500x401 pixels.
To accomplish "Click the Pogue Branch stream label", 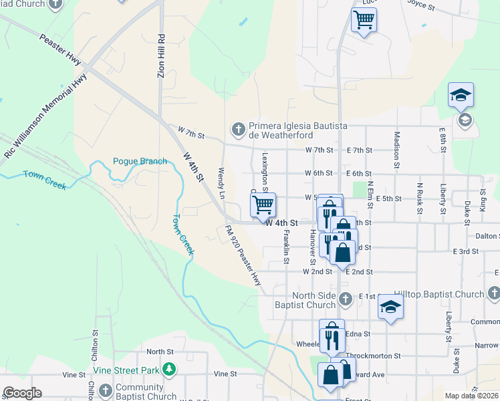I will point(140,161).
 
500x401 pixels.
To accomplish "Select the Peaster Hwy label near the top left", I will point(60,50).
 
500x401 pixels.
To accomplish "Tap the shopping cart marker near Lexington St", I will point(263,205).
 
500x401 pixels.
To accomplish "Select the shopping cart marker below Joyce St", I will point(364,19).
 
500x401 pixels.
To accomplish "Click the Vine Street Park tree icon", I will point(170,370).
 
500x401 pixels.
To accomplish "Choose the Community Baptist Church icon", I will point(105,391).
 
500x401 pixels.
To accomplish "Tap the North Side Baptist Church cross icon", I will point(345,299).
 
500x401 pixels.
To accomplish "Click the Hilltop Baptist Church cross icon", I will point(493,293).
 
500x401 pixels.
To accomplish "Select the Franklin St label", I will point(286,247).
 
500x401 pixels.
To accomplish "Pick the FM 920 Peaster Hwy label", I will point(243,256).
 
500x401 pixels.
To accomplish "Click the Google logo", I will point(22,393).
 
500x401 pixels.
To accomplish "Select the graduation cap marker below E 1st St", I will point(390,307).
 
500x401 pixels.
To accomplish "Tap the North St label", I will point(160,352).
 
